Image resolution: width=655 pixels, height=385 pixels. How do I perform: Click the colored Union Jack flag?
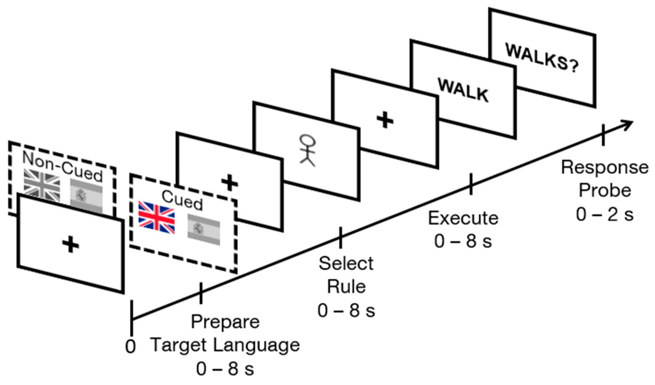point(156,217)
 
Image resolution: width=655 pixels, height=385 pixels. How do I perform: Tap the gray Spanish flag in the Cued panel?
point(203,230)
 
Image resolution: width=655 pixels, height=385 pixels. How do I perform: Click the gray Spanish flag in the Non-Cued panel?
point(87,195)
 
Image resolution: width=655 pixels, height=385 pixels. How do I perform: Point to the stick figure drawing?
point(308,150)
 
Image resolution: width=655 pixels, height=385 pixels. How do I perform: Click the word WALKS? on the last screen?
point(542,61)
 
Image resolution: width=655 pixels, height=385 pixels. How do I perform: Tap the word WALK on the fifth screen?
point(463,90)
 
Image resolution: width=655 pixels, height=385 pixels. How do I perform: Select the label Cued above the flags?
point(182,200)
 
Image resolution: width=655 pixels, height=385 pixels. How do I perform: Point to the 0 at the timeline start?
point(131,346)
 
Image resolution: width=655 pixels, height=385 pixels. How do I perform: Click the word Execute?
point(463,218)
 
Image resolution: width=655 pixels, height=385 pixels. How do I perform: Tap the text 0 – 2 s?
point(605,214)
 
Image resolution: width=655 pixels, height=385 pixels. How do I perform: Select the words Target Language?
point(225,345)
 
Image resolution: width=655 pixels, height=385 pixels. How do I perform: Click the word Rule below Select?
point(346,286)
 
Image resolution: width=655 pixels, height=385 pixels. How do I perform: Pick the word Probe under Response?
point(605,190)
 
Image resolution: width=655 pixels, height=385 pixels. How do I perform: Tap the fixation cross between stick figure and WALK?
point(385,120)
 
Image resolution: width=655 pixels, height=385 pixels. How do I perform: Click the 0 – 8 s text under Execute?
point(463,241)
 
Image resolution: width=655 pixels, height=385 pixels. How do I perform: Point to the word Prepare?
point(225,321)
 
